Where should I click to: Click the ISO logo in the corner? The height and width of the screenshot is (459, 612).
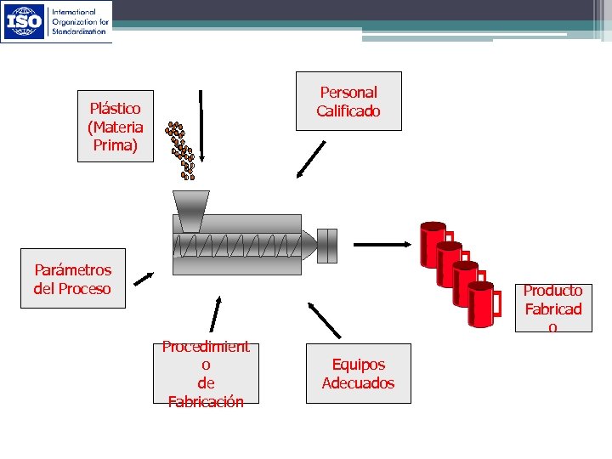click(25, 22)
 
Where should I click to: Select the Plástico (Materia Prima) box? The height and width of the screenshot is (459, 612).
click(116, 126)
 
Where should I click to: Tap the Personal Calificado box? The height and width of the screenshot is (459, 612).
click(348, 101)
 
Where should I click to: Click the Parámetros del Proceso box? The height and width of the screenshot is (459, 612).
click(72, 279)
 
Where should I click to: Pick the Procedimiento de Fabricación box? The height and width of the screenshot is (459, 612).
click(206, 373)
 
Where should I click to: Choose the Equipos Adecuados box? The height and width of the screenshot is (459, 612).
click(358, 373)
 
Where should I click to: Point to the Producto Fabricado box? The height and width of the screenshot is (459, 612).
click(552, 309)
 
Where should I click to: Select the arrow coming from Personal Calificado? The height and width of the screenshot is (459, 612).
click(311, 159)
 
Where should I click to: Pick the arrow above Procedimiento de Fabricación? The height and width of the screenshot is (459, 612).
click(215, 314)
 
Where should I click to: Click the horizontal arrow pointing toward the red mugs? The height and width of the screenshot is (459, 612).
click(382, 245)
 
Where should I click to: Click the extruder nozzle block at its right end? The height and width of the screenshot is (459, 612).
click(327, 246)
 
